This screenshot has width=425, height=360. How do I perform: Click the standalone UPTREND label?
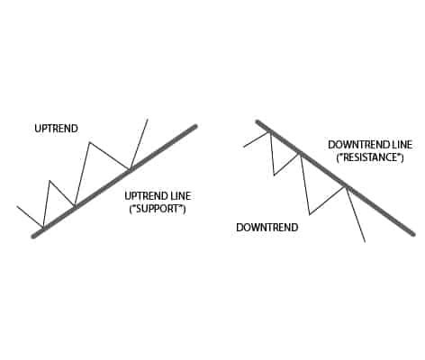coord(56,129)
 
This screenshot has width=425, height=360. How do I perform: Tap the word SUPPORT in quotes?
coord(158,209)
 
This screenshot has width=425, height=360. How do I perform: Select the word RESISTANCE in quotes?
coord(370,157)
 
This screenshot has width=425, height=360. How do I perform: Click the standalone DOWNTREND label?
coord(267,228)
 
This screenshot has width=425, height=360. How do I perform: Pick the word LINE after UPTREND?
coord(179,196)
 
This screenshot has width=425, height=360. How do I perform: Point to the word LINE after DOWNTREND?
coord(402,145)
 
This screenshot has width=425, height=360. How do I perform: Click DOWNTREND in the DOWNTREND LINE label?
coord(358,145)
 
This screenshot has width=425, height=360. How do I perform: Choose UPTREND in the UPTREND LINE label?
coord(146,196)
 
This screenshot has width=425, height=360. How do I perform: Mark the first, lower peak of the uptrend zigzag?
coord(50,181)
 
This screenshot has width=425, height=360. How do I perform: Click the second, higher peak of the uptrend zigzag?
coord(89,142)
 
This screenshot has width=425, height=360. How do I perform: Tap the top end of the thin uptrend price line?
coord(148,120)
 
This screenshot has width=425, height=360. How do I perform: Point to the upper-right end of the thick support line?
coord(195,126)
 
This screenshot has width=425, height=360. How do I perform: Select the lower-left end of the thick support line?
coord(33,237)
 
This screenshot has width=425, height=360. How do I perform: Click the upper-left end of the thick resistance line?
coord(258,121)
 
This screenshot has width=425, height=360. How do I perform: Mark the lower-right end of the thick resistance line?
coord(413,234)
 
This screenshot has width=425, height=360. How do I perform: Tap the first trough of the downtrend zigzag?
coord(275,175)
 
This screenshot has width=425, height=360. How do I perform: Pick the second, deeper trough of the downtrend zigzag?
coord(310,214)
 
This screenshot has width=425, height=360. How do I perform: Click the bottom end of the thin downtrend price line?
coord(365,241)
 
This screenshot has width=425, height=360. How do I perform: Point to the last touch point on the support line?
coord(130,170)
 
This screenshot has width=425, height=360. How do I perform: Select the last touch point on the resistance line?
coord(346,186)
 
